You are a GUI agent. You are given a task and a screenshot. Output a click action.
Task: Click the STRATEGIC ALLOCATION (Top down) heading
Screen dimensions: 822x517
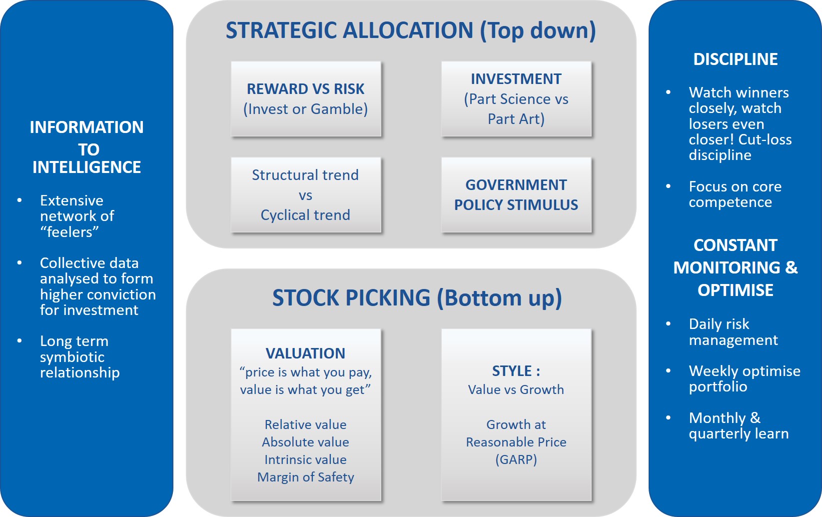[x=411, y=30]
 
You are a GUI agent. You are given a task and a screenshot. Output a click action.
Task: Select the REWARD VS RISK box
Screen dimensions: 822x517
[x=306, y=99]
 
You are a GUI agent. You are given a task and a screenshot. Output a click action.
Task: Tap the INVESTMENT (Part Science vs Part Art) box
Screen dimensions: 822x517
[x=516, y=99]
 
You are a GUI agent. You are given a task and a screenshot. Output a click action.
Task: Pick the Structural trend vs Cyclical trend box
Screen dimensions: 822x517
[x=306, y=195]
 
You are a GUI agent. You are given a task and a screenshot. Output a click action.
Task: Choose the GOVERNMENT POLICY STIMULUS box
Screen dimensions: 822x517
[x=516, y=195]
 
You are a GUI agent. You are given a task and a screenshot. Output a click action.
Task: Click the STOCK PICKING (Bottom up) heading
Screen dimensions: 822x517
[x=417, y=298]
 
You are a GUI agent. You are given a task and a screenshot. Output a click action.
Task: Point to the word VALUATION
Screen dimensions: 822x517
[x=305, y=353]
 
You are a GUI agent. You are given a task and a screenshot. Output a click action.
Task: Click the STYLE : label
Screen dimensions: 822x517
[x=516, y=371]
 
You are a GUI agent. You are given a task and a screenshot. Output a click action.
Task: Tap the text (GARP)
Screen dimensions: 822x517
[x=516, y=459]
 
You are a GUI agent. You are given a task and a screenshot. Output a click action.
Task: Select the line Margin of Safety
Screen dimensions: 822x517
[x=306, y=477]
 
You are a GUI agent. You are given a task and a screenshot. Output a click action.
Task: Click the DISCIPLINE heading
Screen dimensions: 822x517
[x=736, y=59]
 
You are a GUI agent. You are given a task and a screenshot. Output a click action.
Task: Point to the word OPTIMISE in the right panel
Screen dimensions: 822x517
[x=736, y=290]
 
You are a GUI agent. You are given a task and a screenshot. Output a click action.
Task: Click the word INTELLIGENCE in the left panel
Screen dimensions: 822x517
[x=86, y=167]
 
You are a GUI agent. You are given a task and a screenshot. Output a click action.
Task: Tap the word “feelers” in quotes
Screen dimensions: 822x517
[x=69, y=231]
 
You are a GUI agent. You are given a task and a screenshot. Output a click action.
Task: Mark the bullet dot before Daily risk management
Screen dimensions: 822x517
[x=668, y=323]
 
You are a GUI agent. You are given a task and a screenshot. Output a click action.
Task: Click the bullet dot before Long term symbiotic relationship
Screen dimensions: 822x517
[x=19, y=341]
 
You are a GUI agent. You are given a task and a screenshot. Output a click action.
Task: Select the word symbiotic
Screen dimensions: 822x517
[x=72, y=357]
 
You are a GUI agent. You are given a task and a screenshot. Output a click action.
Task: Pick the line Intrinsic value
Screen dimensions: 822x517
[x=305, y=459]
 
